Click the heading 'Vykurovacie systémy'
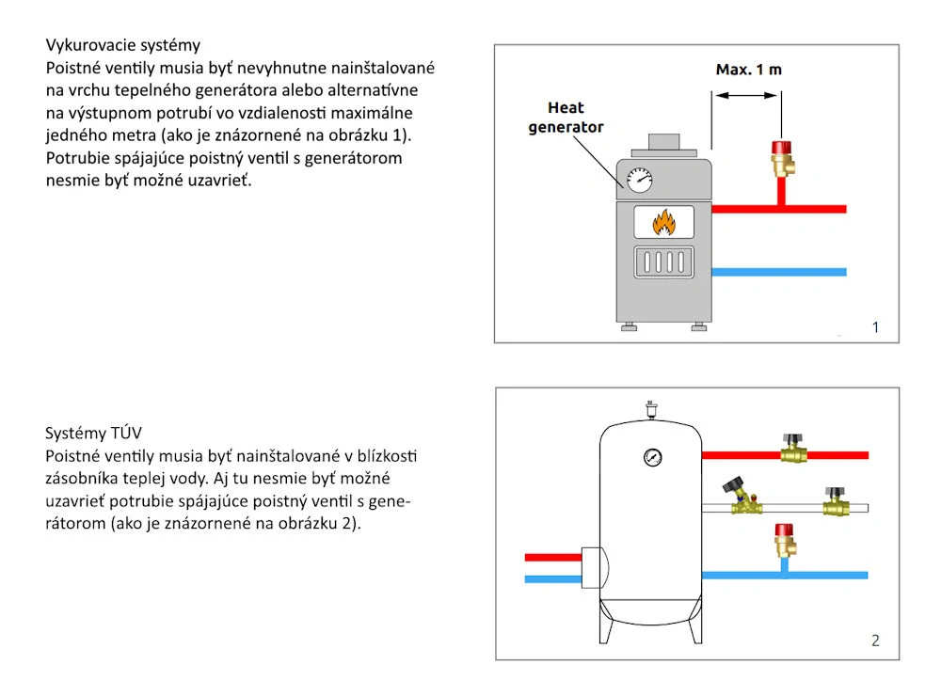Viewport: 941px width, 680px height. pyautogui.click(x=123, y=45)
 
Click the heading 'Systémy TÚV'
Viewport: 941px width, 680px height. pyautogui.click(x=93, y=433)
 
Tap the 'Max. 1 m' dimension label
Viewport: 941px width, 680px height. pyautogui.click(x=748, y=70)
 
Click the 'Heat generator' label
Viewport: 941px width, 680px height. pyautogui.click(x=566, y=117)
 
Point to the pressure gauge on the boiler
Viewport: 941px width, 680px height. pyautogui.click(x=639, y=180)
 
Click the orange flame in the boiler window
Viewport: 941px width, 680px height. pyautogui.click(x=663, y=222)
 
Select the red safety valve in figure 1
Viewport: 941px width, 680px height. pyautogui.click(x=782, y=159)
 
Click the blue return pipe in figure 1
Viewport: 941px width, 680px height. pyautogui.click(x=779, y=272)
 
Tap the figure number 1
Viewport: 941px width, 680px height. pyautogui.click(x=875, y=326)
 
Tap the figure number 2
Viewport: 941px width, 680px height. pyautogui.click(x=875, y=640)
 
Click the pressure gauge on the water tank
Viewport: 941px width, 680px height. pyautogui.click(x=652, y=457)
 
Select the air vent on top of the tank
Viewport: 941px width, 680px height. pyautogui.click(x=651, y=409)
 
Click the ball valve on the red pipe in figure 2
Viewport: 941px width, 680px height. pyautogui.click(x=793, y=450)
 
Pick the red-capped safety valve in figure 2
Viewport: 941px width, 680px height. pyautogui.click(x=785, y=540)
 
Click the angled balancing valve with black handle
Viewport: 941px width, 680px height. pyautogui.click(x=743, y=497)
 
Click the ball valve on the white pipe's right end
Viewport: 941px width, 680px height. pyautogui.click(x=836, y=502)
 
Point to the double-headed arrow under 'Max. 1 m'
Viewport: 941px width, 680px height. pyautogui.click(x=746, y=95)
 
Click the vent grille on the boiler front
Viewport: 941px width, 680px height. pyautogui.click(x=663, y=262)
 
